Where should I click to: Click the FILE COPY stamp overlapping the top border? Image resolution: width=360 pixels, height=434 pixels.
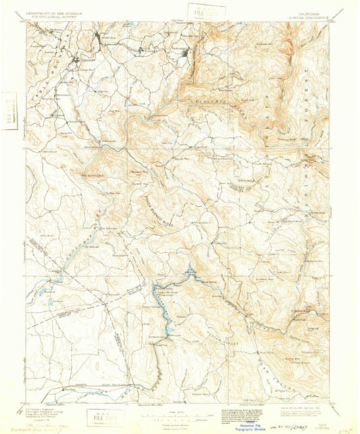click(x=198, y=11)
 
